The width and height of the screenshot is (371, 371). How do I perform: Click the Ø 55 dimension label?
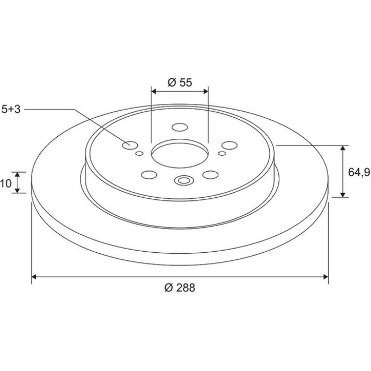click(180, 83)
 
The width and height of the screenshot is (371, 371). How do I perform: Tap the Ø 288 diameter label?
click(180, 288)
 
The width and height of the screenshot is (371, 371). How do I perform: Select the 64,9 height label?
click(359, 172)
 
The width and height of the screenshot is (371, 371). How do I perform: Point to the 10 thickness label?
click(6, 183)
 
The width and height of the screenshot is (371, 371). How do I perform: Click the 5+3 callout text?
click(11, 109)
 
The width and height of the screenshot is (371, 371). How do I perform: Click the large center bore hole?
click(180, 154)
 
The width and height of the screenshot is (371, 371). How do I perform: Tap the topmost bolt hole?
click(180, 127)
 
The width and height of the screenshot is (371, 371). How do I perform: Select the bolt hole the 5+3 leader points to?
click(130, 145)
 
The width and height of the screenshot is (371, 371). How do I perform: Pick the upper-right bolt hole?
click(229, 146)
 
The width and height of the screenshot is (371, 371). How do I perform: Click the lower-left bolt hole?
click(149, 175)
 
